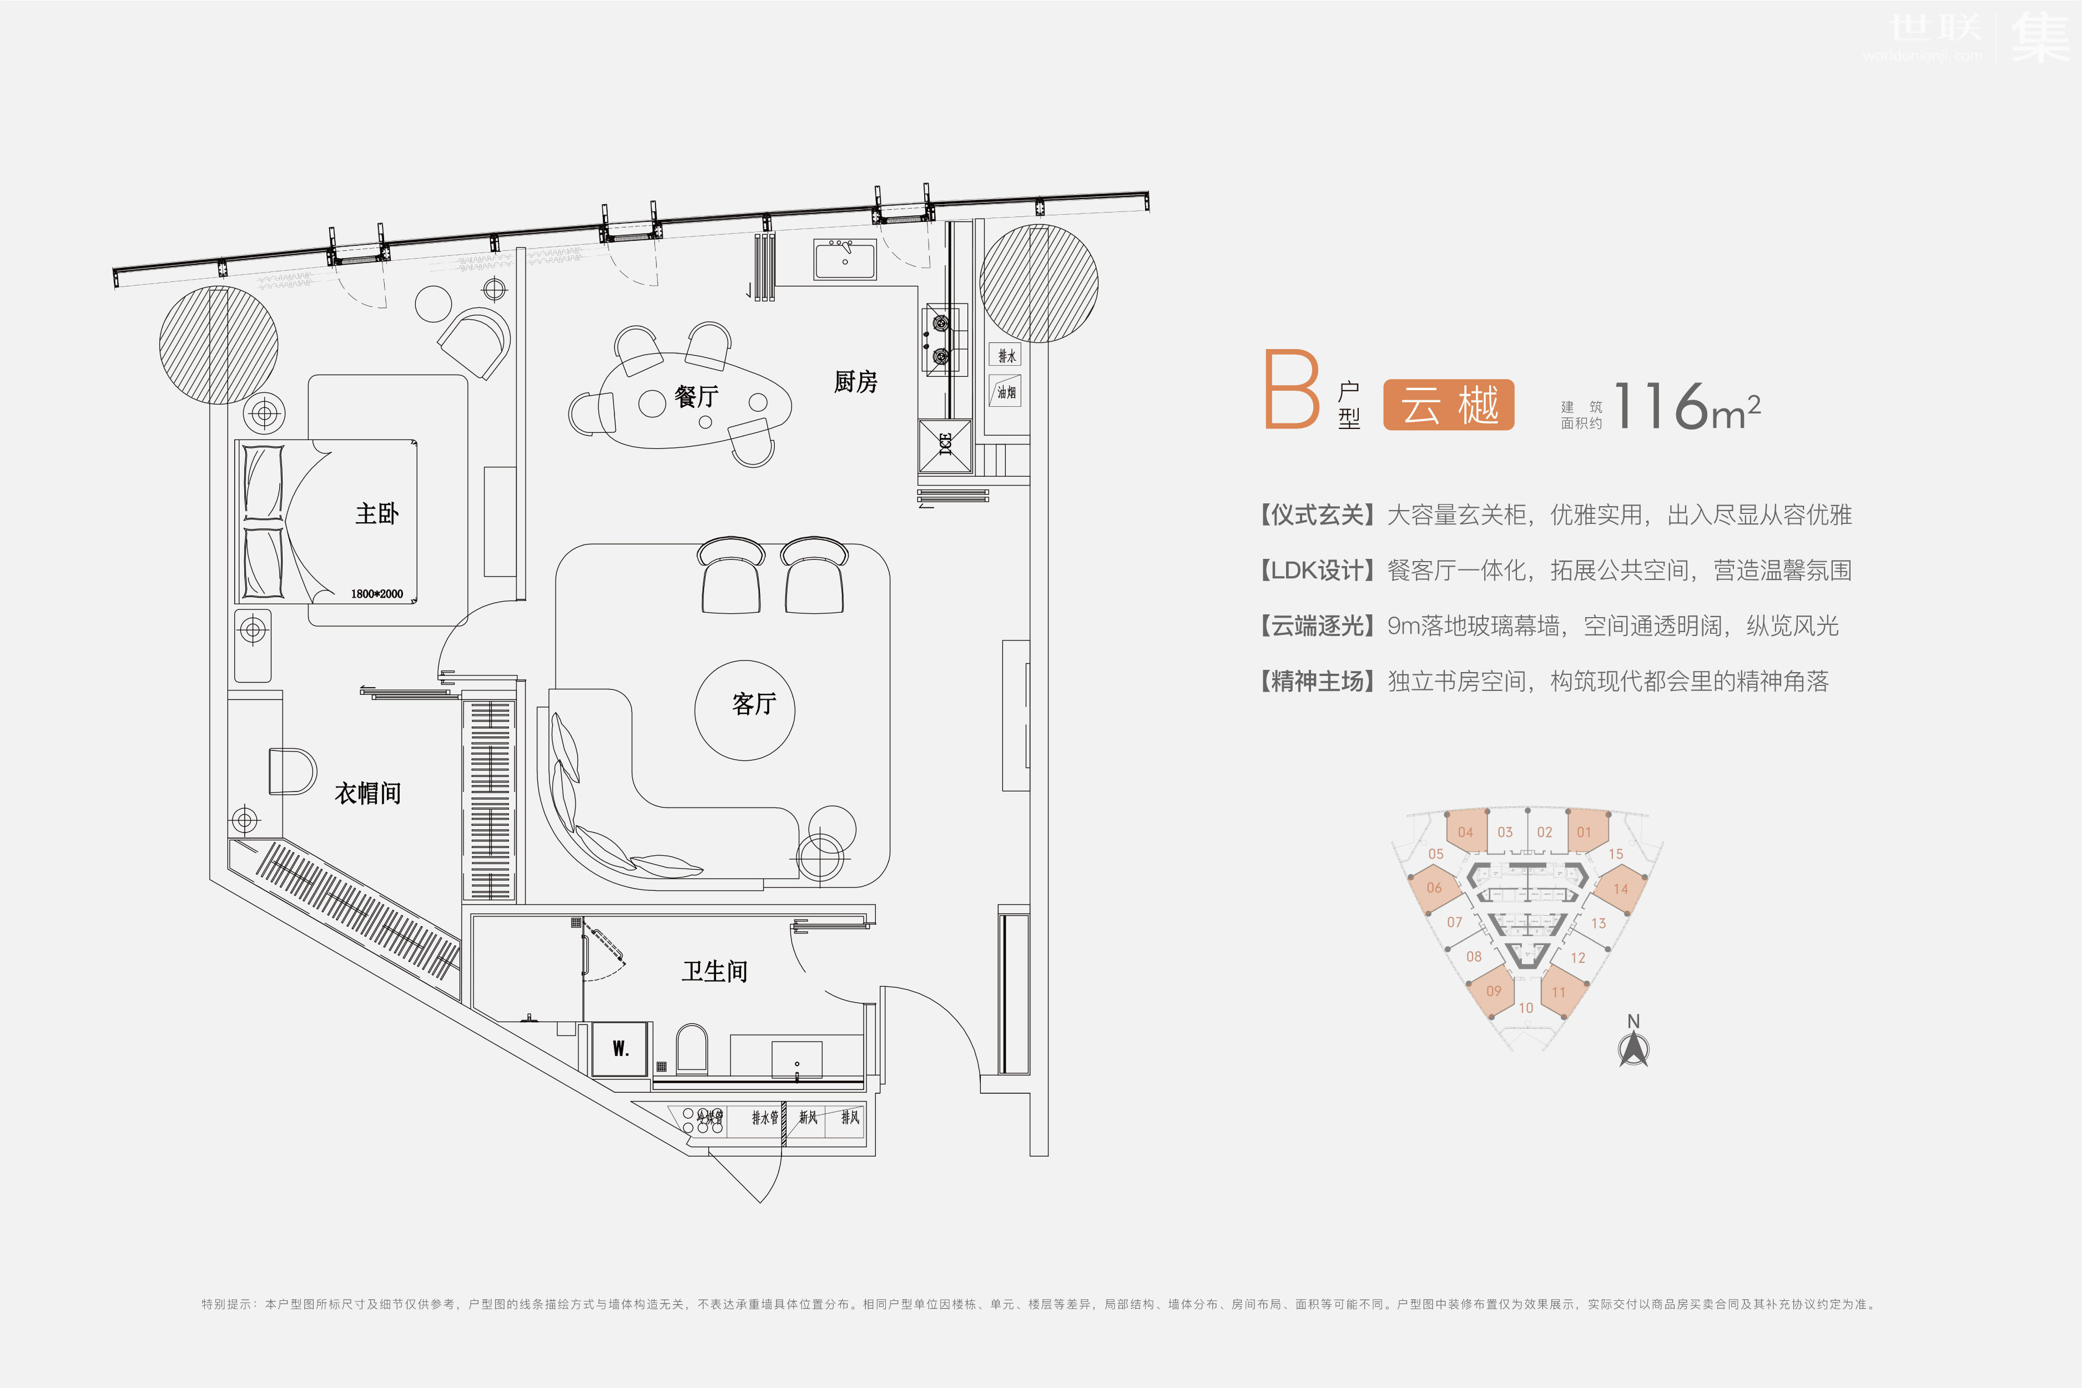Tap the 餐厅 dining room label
pos(696,397)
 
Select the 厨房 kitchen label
pos(855,381)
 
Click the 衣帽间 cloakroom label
pos(367,793)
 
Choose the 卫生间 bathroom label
pos(714,972)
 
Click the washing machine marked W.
pos(619,1049)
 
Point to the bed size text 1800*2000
pos(376,594)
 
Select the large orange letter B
pos(1292,390)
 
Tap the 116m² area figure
pos(1686,407)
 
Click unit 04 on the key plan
pos(1465,832)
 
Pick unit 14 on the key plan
pos(1620,889)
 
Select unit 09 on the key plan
pos(1493,991)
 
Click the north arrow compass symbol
pos(1633,1048)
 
